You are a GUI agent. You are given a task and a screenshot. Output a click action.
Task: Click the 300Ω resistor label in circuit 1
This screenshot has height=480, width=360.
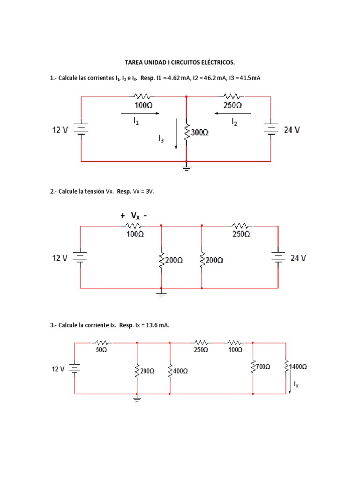click(200, 133)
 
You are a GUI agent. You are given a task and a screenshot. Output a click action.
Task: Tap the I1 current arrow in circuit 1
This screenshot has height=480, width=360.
click(140, 113)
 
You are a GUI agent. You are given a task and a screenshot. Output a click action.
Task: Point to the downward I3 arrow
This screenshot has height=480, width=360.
click(176, 134)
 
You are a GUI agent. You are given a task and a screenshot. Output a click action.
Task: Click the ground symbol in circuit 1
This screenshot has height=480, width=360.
click(187, 166)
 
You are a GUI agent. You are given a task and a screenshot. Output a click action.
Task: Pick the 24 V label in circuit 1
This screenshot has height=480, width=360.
click(292, 130)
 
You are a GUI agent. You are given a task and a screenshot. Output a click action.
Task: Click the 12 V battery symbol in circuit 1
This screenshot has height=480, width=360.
click(82, 129)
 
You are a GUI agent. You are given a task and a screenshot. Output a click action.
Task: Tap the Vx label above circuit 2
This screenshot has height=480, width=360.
click(135, 216)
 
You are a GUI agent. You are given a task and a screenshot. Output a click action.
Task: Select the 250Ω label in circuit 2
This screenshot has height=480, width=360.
click(241, 234)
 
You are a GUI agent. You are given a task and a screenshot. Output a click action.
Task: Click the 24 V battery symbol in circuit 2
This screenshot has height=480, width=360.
click(278, 257)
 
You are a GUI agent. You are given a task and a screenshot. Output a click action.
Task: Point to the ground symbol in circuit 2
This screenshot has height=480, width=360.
click(161, 294)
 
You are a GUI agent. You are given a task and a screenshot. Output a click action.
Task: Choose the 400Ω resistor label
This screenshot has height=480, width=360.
click(180, 371)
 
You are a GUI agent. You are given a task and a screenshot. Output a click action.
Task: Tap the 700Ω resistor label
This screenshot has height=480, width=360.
click(262, 367)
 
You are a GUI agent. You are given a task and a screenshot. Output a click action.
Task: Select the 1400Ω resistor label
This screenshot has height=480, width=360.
click(298, 367)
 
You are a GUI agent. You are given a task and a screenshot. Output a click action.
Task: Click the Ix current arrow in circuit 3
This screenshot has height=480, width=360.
click(290, 387)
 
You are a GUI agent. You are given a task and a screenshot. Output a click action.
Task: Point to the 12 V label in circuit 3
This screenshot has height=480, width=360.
click(58, 369)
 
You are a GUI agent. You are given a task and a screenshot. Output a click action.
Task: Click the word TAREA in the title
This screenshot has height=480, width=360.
click(133, 62)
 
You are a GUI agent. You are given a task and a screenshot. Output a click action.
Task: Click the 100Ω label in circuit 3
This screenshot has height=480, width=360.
click(235, 350)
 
